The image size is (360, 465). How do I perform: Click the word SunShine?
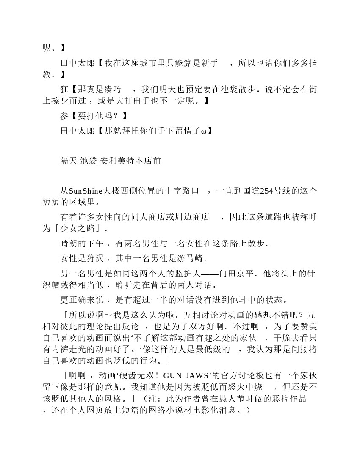[84, 191]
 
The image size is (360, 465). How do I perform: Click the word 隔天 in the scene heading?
[68, 161]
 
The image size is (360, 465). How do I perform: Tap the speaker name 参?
[64, 116]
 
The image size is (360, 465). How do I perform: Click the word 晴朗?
[69, 243]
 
